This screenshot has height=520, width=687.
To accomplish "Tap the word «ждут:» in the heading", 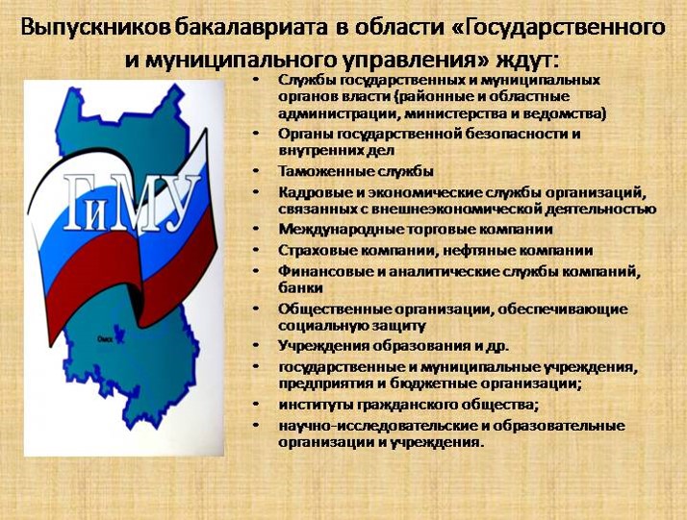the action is (528, 60).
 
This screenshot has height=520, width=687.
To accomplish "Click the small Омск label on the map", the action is (105, 338).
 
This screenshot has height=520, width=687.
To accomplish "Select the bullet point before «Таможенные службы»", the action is (256, 171).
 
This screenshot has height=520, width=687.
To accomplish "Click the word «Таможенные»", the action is (323, 171).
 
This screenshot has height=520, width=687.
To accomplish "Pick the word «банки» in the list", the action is (300, 287).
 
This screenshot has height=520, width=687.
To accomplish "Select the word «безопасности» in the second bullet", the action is (516, 134).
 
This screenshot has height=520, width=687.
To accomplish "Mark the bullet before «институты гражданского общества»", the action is (256, 405).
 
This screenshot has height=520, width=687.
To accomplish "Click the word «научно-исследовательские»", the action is (376, 426).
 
